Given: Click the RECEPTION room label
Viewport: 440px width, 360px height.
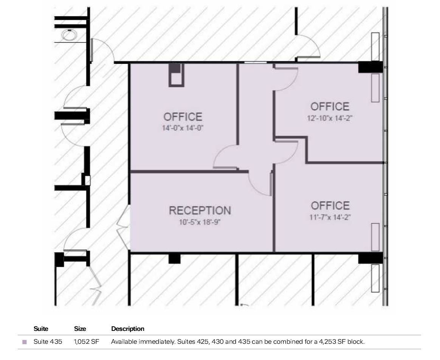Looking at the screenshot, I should [200, 211].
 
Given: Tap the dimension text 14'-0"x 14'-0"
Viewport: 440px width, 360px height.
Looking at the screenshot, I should [183, 128].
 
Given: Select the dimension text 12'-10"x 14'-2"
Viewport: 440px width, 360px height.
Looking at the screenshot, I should [330, 118].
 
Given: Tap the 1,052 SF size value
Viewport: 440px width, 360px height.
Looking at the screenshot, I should [87, 342].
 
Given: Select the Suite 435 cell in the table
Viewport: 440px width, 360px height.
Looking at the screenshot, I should [48, 342].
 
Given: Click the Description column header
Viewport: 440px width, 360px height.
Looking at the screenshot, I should [127, 329].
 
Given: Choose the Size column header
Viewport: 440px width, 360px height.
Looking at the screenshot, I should [80, 329].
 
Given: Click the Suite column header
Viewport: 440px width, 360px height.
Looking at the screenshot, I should [41, 329].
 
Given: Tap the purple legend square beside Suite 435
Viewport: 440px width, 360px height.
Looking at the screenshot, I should [25, 342].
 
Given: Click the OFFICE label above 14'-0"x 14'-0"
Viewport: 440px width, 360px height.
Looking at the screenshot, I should [183, 117].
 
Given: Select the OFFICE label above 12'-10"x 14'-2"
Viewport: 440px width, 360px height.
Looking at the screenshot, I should [330, 107].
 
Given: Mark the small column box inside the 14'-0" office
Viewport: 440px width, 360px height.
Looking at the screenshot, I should [176, 75].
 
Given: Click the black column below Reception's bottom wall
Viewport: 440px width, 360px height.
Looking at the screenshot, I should [174, 259].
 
